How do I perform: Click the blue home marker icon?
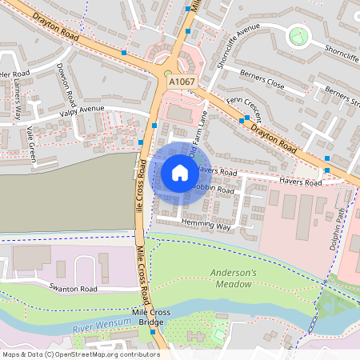pyautogui.click(x=180, y=172)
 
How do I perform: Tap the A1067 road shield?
pyautogui.click(x=180, y=81)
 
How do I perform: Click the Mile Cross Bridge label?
pyautogui.click(x=147, y=317)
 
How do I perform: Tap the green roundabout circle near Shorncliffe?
pyautogui.click(x=298, y=35)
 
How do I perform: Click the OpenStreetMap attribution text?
pyautogui.click(x=80, y=354)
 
